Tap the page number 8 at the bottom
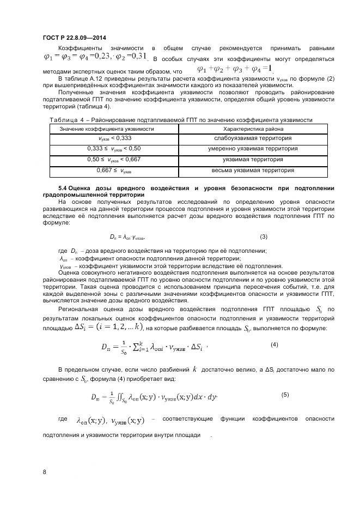tap(44, 472)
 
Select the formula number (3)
tap(264, 236)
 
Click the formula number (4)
tap(274, 345)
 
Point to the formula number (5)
tap(285, 394)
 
